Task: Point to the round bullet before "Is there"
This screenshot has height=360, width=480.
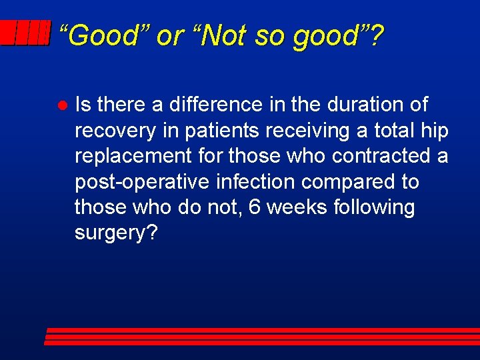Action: (x=60, y=106)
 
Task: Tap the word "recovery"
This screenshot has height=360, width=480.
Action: (x=115, y=131)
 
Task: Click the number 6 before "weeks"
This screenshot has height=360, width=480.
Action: (x=254, y=207)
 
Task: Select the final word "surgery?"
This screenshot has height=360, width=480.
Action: (x=116, y=233)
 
